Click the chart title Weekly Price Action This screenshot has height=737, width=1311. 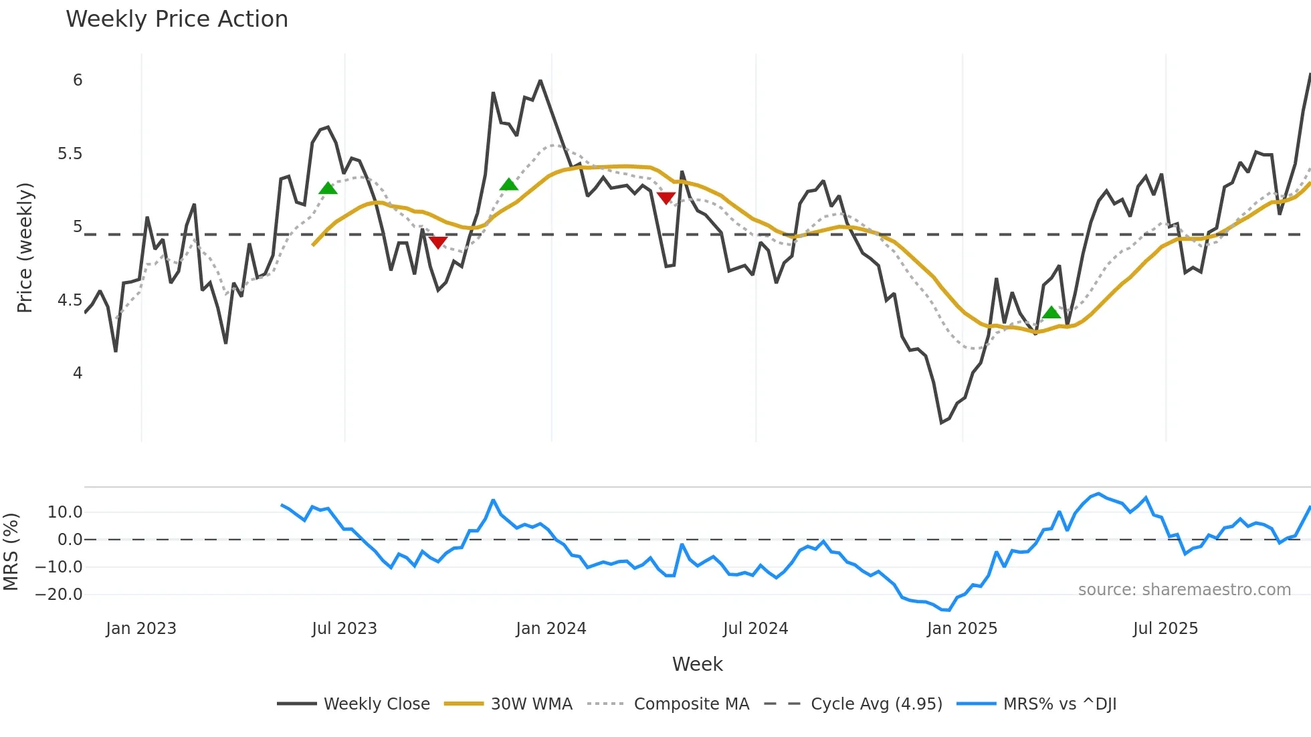[x=177, y=19]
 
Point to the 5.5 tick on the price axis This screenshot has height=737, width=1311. [x=70, y=154]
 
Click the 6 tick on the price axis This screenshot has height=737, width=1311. [x=78, y=80]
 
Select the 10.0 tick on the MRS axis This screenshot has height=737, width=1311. [x=65, y=512]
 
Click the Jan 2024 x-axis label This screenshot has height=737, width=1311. [x=551, y=629]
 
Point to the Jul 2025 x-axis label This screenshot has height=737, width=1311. [x=1165, y=629]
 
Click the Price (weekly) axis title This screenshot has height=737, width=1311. [x=25, y=247]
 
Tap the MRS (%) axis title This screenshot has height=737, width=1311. [x=11, y=552]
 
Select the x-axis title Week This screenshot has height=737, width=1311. [x=697, y=664]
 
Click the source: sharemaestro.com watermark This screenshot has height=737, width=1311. [x=1184, y=590]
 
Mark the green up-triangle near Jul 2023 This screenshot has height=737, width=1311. [x=328, y=189]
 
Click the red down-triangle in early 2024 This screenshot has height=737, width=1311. [x=666, y=197]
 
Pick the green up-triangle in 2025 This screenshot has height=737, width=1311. [x=1051, y=312]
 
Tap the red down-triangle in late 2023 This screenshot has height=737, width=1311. [x=437, y=242]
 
